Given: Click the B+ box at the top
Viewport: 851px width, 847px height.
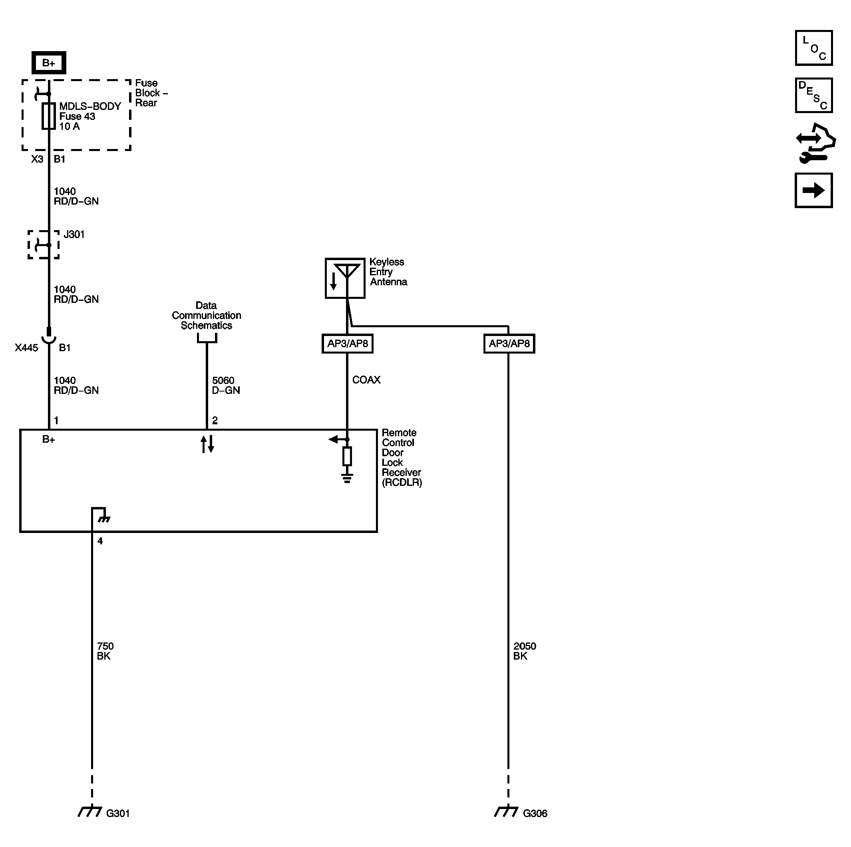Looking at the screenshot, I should (48, 63).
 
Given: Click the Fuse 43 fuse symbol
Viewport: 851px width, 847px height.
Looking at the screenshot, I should (48, 116).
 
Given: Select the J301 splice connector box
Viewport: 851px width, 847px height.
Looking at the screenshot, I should (44, 245).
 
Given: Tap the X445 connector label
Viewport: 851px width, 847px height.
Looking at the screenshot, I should (26, 348).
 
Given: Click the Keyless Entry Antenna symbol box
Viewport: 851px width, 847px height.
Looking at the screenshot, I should (345, 278).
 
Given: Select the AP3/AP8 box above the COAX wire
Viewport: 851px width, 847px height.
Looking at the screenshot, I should (348, 344).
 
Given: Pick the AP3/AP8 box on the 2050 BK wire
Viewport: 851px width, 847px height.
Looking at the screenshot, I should (509, 344).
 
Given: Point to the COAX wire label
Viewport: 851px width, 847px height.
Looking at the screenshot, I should (366, 380).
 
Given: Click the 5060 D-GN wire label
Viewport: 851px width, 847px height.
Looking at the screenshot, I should (225, 386).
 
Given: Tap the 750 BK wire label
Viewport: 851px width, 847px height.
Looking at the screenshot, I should (105, 651).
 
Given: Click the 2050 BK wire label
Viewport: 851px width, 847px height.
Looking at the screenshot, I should (524, 651).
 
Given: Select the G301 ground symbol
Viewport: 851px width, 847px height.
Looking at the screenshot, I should (90, 811).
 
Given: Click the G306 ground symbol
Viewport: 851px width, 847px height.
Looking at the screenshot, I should (507, 811).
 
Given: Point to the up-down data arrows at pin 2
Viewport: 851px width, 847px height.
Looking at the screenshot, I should (207, 444).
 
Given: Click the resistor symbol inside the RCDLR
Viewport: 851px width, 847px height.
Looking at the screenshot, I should (347, 456).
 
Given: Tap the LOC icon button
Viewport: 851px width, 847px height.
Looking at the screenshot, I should (813, 48).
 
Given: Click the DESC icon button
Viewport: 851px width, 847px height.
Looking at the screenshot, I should (813, 95).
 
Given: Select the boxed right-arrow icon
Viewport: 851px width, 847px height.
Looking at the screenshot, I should (813, 190).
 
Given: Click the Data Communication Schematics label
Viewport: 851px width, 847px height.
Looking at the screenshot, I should (206, 315).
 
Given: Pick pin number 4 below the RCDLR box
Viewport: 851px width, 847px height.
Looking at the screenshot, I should (100, 541).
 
